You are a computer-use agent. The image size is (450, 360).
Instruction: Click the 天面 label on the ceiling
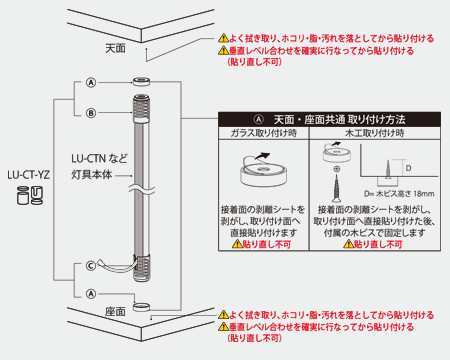tap(116, 47)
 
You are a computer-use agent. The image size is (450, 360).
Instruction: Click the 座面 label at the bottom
tap(116, 312)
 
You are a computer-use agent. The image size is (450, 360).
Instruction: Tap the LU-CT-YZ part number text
tap(29, 172)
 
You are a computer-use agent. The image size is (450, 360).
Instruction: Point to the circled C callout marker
tap(91, 265)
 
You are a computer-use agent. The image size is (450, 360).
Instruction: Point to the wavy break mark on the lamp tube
tap(143, 186)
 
